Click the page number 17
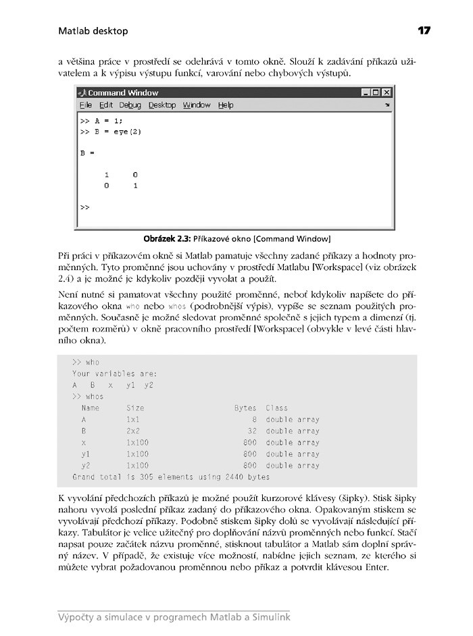pyautogui.click(x=424, y=30)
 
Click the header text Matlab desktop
pyautogui.click(x=93, y=31)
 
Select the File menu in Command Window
pyautogui.click(x=86, y=105)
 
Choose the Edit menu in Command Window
pyautogui.click(x=106, y=105)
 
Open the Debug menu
pyautogui.click(x=130, y=105)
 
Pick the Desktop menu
pyautogui.click(x=162, y=105)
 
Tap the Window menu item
pyautogui.click(x=197, y=105)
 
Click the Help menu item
pyautogui.click(x=226, y=105)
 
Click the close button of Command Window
pyautogui.click(x=387, y=92)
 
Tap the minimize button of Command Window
pyautogui.click(x=366, y=92)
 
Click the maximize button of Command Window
pyautogui.click(x=376, y=92)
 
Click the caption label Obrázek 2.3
pyautogui.click(x=167, y=239)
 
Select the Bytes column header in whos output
pyautogui.click(x=245, y=408)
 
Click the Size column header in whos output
pyautogui.click(x=135, y=408)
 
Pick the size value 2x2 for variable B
pyautogui.click(x=133, y=431)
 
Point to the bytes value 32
pyautogui.click(x=252, y=431)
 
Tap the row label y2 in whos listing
pyautogui.click(x=86, y=465)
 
